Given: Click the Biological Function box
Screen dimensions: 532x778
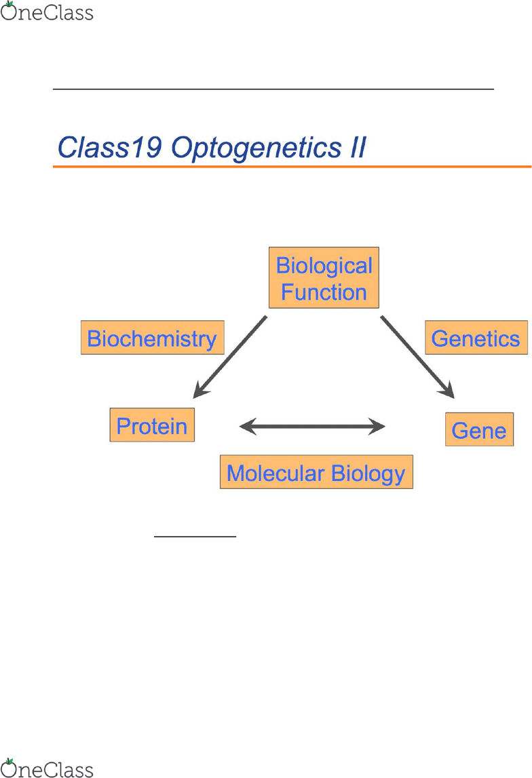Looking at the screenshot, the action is [324, 278].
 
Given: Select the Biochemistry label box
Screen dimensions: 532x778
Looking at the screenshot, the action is [153, 338].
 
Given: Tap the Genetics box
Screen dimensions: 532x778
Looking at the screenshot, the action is [476, 338].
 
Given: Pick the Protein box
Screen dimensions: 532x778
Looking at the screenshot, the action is [152, 425].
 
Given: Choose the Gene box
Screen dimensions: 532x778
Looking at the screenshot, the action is [479, 429].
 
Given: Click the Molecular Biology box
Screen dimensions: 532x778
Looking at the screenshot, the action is [316, 472].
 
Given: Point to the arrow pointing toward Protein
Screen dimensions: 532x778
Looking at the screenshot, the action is [230, 357].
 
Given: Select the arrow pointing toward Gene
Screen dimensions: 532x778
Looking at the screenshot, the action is [417, 357].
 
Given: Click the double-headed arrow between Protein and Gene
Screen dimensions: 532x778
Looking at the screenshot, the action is [312, 426].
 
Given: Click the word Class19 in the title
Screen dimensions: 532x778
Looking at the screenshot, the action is [110, 147].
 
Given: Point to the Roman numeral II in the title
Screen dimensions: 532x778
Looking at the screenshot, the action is [358, 147].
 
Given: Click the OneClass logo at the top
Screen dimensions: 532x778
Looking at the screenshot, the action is [47, 12].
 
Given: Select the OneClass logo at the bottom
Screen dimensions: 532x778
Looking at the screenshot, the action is [47, 768].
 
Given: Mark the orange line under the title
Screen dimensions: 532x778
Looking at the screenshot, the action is [292, 167].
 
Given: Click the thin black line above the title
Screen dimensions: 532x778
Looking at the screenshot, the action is [273, 90].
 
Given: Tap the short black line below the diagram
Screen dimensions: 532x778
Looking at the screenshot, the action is [195, 537].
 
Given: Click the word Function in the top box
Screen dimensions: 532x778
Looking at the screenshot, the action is [324, 292].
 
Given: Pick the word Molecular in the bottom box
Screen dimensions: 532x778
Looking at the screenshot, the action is [275, 473].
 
